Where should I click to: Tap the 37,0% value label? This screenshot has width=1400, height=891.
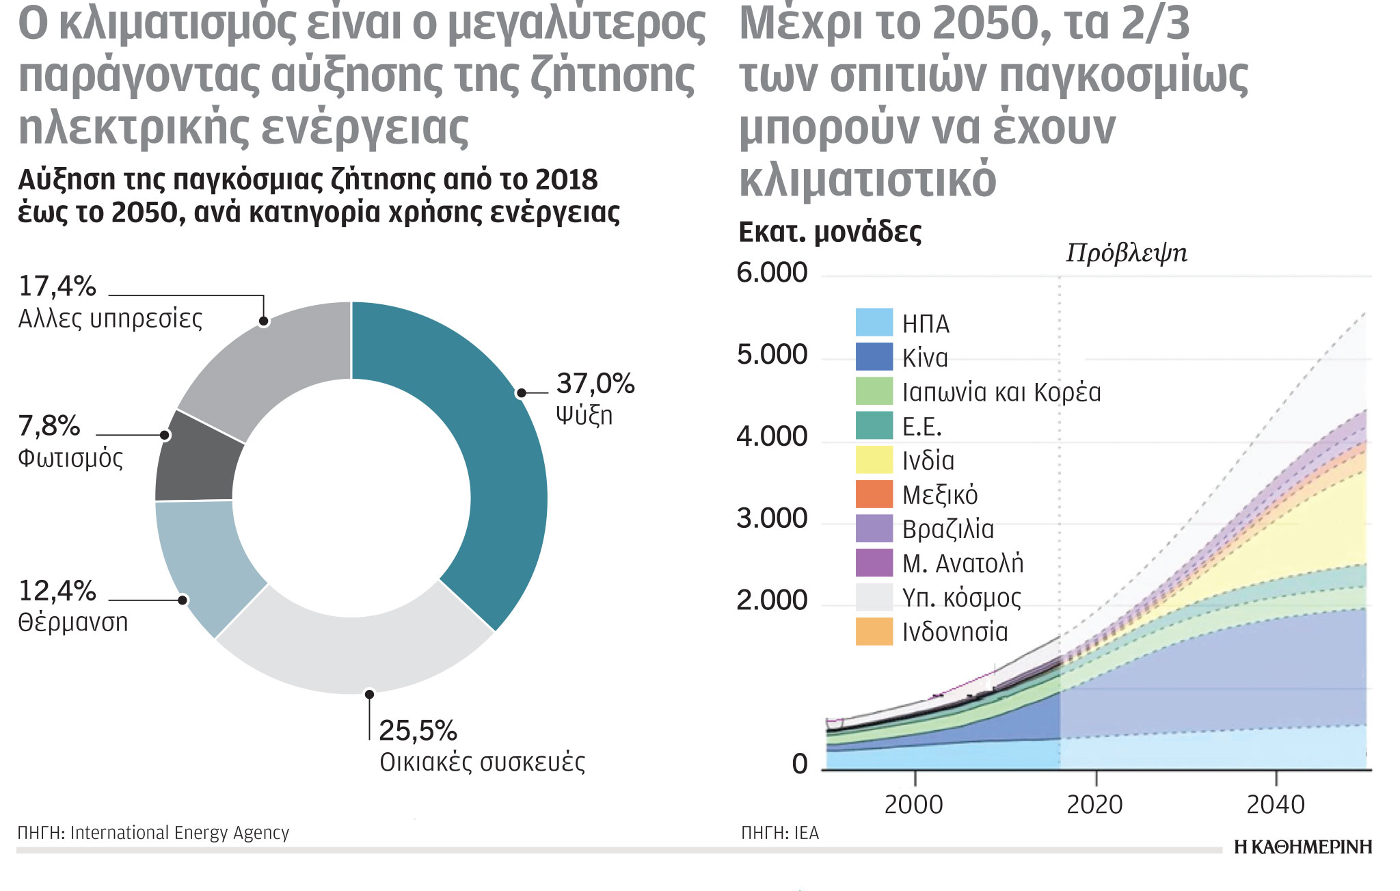tap(595, 384)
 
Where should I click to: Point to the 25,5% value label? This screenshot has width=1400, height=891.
tap(418, 730)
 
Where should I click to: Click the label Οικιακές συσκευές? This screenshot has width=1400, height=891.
tap(482, 762)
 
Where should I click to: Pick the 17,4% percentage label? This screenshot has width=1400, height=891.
tap(57, 286)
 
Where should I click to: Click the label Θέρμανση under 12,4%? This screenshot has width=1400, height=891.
tap(72, 622)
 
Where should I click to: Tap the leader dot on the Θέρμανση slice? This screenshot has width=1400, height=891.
tap(183, 600)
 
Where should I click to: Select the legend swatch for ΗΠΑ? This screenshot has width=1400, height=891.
tap(874, 322)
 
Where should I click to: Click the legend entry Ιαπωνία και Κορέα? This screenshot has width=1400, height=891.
tap(1001, 393)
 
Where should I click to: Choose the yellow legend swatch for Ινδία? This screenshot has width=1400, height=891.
tap(874, 460)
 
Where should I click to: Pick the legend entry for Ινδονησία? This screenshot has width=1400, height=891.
tap(954, 632)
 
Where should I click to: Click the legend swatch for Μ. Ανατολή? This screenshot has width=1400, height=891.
tap(874, 563)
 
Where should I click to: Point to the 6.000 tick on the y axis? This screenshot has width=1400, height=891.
tap(772, 273)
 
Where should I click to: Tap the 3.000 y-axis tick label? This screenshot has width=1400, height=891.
tap(772, 519)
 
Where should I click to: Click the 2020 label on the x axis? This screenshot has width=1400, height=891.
tap(1094, 805)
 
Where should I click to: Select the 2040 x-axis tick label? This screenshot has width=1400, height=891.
tap(1275, 805)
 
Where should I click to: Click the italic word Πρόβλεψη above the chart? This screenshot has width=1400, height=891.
tap(1126, 253)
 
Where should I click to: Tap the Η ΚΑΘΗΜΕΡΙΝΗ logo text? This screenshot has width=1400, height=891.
tap(1302, 847)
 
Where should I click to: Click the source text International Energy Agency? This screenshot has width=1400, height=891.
tap(179, 832)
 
